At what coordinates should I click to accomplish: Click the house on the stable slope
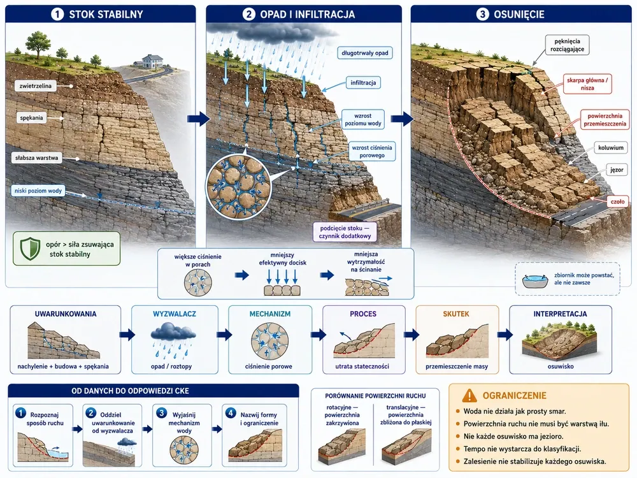coord(148,61)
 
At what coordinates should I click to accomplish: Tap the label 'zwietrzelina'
coord(36,86)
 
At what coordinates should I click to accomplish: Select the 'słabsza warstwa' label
coord(36,157)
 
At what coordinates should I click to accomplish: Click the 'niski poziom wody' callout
coord(38,191)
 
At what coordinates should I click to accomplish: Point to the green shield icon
coord(30,249)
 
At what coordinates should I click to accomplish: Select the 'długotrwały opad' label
coord(365,53)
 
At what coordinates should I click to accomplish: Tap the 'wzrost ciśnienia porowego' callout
coord(372,151)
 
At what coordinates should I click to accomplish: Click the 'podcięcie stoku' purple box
coord(345,232)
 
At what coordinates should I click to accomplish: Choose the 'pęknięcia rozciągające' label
coord(567,45)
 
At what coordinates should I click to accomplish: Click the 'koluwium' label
coord(611,148)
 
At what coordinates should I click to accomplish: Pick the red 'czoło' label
coord(617,201)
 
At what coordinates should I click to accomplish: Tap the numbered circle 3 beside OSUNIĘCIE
coord(482,15)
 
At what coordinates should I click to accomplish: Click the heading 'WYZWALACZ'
coord(175,314)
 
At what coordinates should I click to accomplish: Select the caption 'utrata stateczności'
coord(362,366)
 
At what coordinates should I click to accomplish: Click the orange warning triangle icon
coord(469,395)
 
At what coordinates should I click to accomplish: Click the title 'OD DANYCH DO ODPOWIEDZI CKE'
coord(131,391)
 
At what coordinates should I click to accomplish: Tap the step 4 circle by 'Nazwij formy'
coord(231,413)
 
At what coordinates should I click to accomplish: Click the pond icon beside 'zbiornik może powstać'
coord(535,281)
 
